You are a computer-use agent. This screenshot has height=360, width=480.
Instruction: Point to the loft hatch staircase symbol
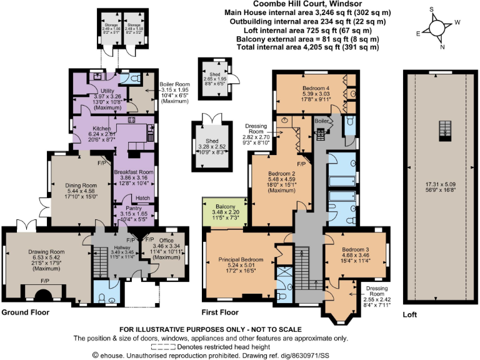click(x=446, y=129)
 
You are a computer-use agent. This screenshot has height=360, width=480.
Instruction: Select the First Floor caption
click(x=221, y=311)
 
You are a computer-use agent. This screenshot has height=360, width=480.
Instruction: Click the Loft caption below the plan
click(x=410, y=315)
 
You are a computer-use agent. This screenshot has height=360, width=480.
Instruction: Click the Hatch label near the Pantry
click(x=142, y=198)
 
